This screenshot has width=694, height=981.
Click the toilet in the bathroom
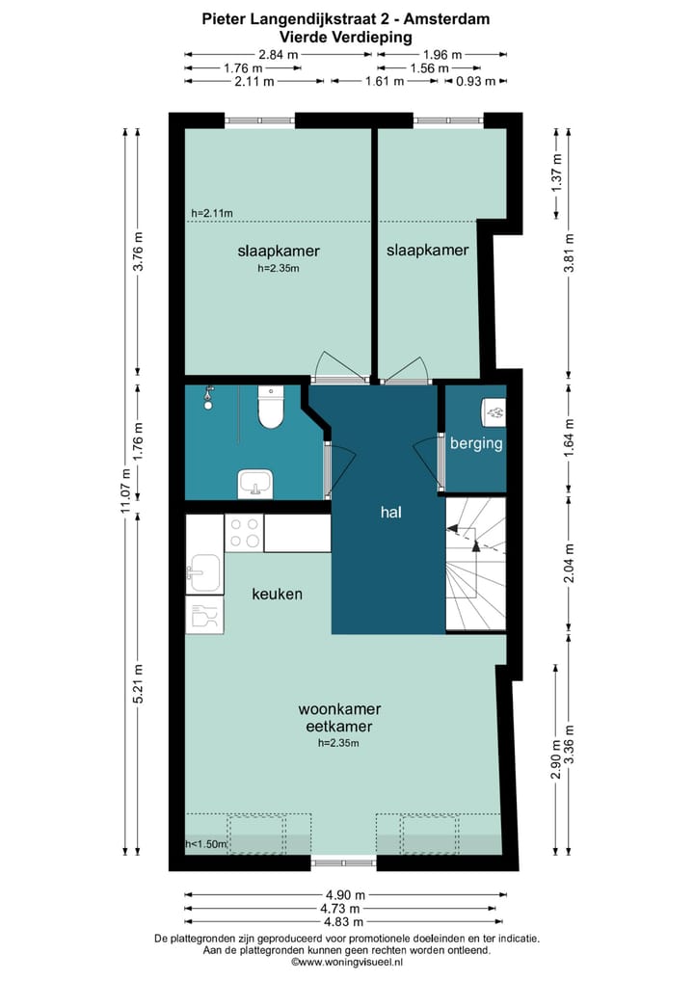[x=271, y=407]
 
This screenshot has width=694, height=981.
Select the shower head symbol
[x=208, y=397]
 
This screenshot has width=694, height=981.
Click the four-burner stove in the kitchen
[x=244, y=533]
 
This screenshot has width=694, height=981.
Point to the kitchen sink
[x=203, y=572]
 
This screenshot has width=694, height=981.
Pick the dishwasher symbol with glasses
[x=204, y=615]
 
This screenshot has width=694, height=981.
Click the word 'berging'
[x=476, y=443]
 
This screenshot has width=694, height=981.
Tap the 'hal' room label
[x=390, y=513]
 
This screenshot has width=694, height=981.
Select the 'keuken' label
[x=278, y=594]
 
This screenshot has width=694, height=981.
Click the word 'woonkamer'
[x=339, y=709]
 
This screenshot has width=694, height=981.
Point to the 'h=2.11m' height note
[x=212, y=213]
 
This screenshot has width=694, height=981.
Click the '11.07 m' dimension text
[x=125, y=491]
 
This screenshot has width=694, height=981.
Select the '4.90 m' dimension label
[x=344, y=895]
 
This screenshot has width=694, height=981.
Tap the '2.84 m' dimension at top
[x=279, y=54]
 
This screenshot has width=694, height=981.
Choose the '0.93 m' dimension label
[x=475, y=81]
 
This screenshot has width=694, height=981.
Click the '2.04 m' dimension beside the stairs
[x=569, y=564]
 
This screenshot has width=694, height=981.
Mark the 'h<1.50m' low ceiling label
[x=206, y=844]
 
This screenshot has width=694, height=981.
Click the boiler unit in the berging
[x=494, y=411]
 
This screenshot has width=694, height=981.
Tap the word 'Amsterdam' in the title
[x=447, y=18]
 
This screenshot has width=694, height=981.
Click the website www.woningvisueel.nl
[x=347, y=963]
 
